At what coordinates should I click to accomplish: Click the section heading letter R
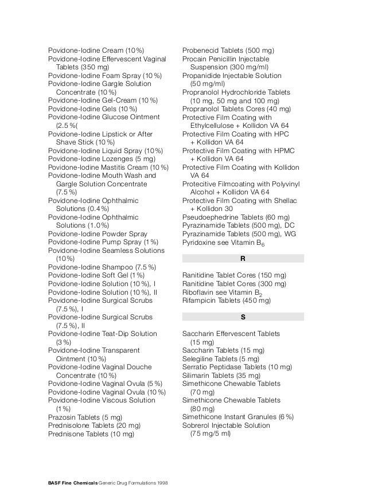[x=243, y=259]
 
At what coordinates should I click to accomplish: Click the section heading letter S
[x=243, y=317]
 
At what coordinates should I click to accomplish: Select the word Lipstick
[x=115, y=134]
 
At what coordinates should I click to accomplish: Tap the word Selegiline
[x=198, y=358]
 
